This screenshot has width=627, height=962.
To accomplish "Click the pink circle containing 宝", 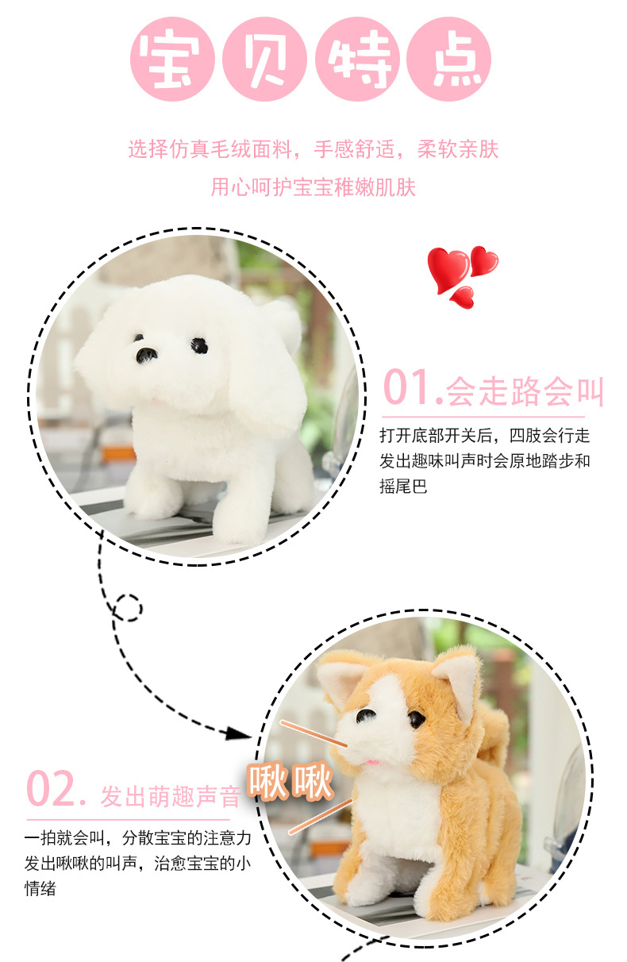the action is click(171, 59).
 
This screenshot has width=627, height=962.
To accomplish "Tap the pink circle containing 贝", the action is click(263, 59).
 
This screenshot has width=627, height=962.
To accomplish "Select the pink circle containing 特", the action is click(356, 59).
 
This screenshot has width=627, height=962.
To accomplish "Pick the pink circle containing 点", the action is click(448, 59).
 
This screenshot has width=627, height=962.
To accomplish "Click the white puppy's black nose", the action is click(147, 354).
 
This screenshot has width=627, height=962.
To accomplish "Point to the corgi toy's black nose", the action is click(365, 715).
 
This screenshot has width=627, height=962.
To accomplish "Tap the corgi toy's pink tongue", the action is click(372, 762).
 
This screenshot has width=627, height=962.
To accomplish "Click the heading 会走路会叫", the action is click(525, 391).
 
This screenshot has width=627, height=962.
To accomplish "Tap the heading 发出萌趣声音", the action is click(170, 796).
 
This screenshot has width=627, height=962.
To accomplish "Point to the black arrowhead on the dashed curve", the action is click(237, 733).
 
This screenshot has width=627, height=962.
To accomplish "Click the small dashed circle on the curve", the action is click(128, 608).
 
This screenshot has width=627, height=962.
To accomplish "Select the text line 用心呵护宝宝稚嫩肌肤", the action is click(313, 187).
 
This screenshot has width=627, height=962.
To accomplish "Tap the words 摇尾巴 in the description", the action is click(403, 486).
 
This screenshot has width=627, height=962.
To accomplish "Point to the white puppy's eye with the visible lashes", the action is click(199, 344).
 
